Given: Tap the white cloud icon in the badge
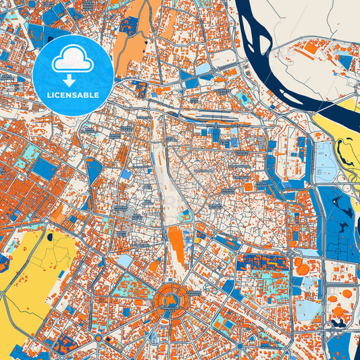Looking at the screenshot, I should pos(72,61).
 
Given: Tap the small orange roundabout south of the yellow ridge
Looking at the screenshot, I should pos(99,336).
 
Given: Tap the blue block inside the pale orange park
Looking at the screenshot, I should pos(129,26).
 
